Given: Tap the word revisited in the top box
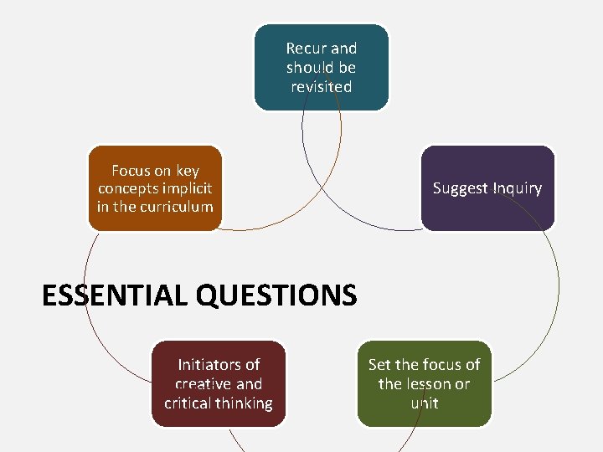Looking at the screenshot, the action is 322,87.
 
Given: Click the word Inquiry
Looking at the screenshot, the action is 517,188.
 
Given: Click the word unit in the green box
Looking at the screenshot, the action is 425,403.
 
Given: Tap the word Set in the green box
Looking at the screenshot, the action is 380,365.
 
